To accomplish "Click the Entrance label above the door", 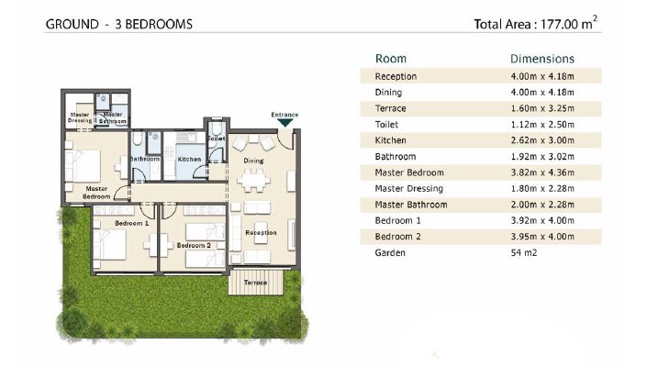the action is pos(284,115).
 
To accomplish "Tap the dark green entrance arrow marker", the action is pos(284,122).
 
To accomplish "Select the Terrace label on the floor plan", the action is pos(255,283).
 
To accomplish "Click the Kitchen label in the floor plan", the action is pos(189,159).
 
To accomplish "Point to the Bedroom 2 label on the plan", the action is pos(194,245).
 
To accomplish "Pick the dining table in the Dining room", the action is pos(253,180).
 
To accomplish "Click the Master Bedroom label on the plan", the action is pos(96,193).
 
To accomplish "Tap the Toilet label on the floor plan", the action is pos(217,139).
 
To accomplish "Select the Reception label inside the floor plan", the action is pos(261,233).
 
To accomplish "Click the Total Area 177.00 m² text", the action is pos(536,23).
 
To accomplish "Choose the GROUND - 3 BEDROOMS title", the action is pos(118,25).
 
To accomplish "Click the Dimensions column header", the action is pos(542,59).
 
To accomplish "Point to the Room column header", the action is pos(390,59).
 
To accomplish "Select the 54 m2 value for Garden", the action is pos(524,253).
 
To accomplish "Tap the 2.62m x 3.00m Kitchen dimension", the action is pos(542,140).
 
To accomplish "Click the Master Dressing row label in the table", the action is pos(409,189).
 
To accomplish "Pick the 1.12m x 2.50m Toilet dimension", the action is pos(542,125).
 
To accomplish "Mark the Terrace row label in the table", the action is pos(390,108).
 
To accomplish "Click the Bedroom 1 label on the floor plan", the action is pos(131,223).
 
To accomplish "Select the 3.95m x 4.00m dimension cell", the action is pos(542,237).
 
